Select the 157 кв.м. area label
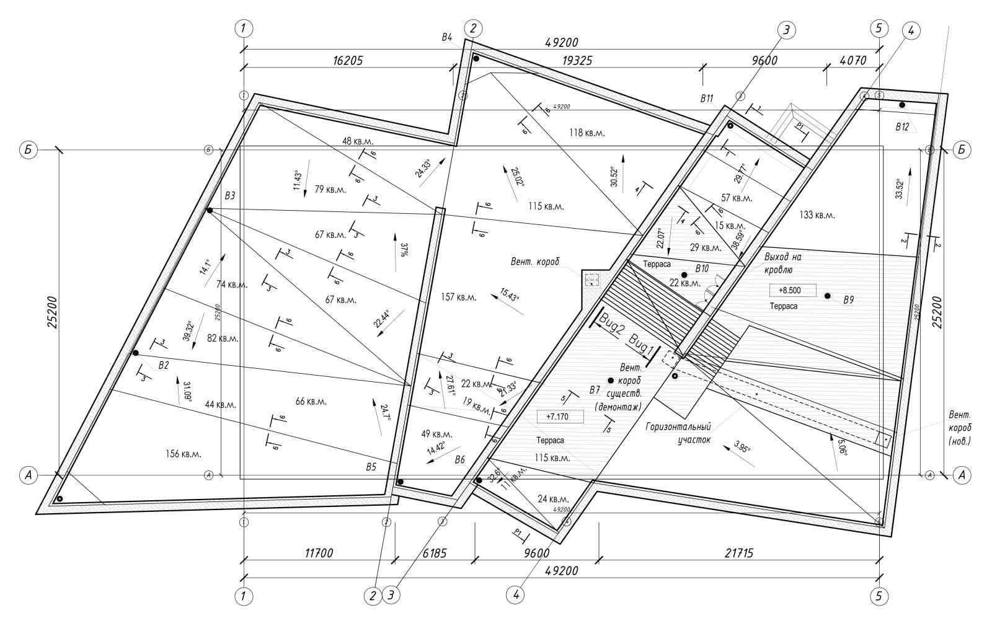pos(458,298)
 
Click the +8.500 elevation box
pos(792,289)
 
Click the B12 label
pos(902,126)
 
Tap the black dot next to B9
pos(827,296)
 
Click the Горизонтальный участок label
pos(678,433)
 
